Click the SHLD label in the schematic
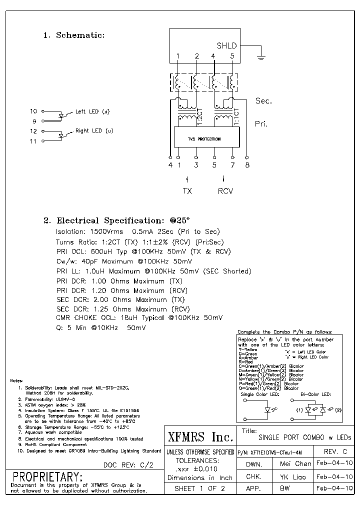(226, 45)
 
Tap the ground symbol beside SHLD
(260, 57)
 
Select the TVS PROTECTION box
(204, 138)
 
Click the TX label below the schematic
(187, 191)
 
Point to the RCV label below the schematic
(225, 191)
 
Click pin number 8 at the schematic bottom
(247, 165)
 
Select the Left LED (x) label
(92, 111)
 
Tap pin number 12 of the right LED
(33, 131)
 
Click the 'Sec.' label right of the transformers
(263, 101)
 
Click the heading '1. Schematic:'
(74, 35)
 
